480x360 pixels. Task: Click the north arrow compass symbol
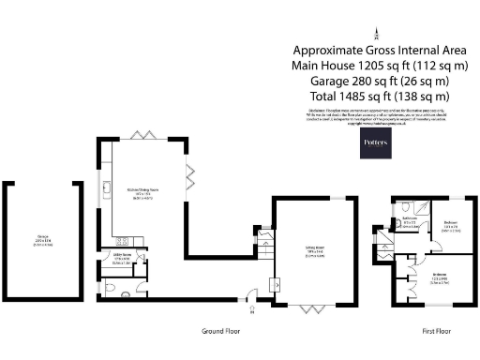click(x=377, y=32)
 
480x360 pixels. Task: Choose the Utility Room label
click(x=119, y=256)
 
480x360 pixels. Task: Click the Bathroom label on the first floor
click(x=410, y=220)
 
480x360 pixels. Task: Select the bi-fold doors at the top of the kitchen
click(x=141, y=136)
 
